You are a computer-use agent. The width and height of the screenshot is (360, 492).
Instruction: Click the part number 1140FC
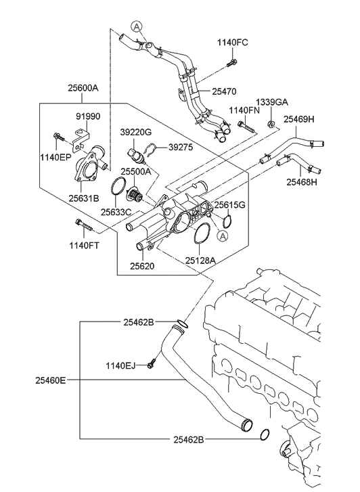pos(232,43)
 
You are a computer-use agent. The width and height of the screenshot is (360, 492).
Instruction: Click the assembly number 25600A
pos(83,88)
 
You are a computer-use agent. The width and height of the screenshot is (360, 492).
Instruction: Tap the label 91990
pos(87,116)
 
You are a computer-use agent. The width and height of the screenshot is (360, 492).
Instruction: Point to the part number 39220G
pos(135,132)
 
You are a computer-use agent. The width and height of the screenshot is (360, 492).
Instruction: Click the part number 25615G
pos(229,204)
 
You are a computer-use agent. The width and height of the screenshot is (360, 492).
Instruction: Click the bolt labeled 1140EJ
pos(152,365)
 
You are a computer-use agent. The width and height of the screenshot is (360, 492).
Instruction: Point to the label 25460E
pos(51,380)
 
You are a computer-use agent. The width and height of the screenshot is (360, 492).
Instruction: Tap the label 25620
pos(143,267)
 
